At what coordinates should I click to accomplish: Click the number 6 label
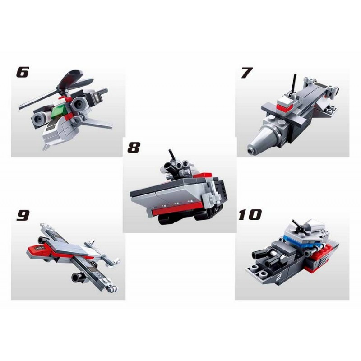(x=23, y=72)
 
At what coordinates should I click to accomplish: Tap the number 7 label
(x=246, y=73)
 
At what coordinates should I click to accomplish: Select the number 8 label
(x=134, y=148)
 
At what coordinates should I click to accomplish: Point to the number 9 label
(x=23, y=215)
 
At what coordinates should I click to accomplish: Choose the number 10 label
(x=250, y=215)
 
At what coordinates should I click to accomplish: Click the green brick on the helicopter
(x=58, y=111)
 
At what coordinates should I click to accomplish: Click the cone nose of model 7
(x=263, y=139)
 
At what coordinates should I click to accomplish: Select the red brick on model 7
(x=286, y=106)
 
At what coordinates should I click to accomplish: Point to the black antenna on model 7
(x=294, y=83)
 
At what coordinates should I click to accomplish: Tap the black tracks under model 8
(x=184, y=218)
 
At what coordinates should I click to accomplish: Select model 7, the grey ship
(x=293, y=115)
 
